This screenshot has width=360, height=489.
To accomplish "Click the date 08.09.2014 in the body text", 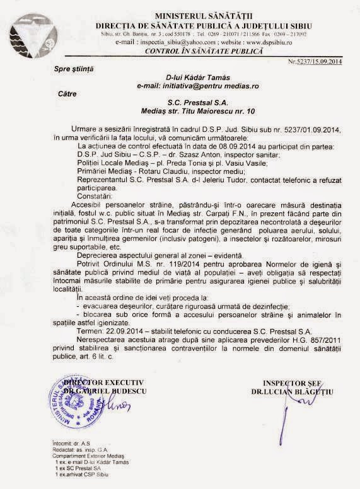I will [208, 144].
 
